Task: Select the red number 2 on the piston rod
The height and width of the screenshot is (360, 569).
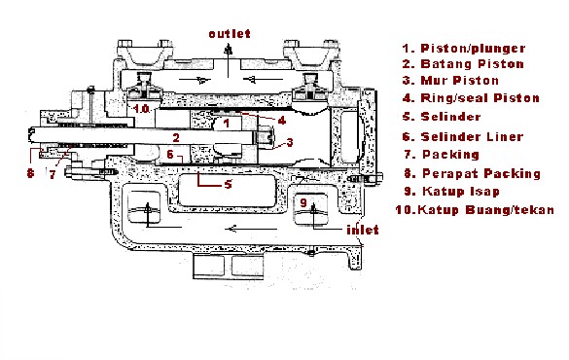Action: (x=175, y=137)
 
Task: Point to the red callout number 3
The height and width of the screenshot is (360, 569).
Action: (x=288, y=142)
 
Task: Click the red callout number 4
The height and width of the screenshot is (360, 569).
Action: (x=280, y=120)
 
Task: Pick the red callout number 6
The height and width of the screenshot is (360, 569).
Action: (x=170, y=155)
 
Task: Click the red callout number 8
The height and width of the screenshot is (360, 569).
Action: (x=31, y=175)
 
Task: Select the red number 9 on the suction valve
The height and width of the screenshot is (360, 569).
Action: (x=304, y=203)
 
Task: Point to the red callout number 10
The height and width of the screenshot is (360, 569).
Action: (x=142, y=110)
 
